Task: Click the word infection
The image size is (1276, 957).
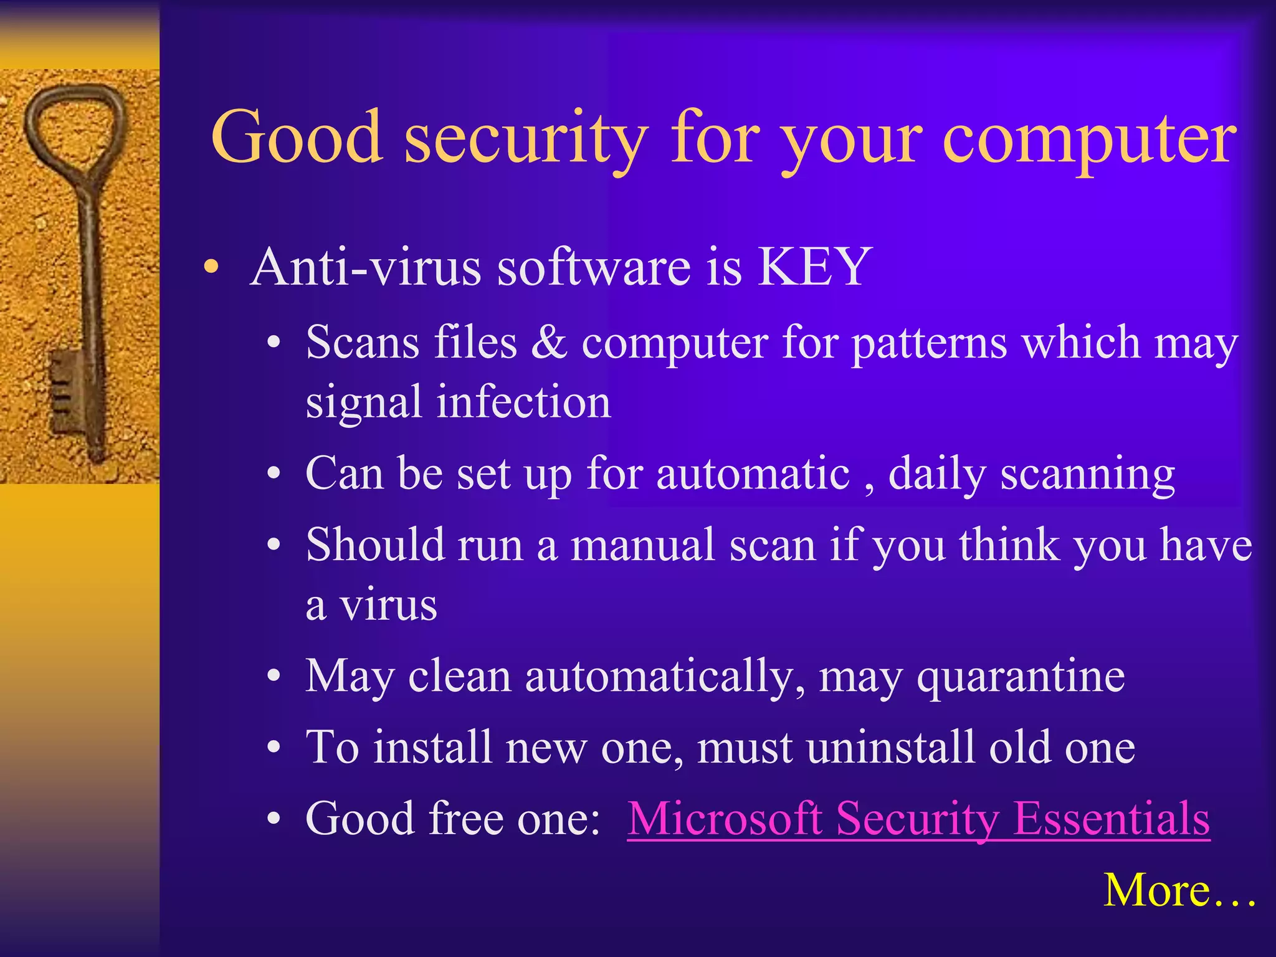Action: [523, 402]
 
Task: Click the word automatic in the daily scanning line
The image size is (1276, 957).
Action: [753, 474]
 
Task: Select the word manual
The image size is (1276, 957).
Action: [642, 545]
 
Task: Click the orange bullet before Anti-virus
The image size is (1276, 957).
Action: [212, 268]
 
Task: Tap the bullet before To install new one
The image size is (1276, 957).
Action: [274, 748]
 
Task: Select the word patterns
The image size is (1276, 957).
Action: [929, 343]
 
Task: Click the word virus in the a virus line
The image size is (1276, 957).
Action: [388, 605]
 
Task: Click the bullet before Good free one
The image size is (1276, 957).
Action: [274, 819]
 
